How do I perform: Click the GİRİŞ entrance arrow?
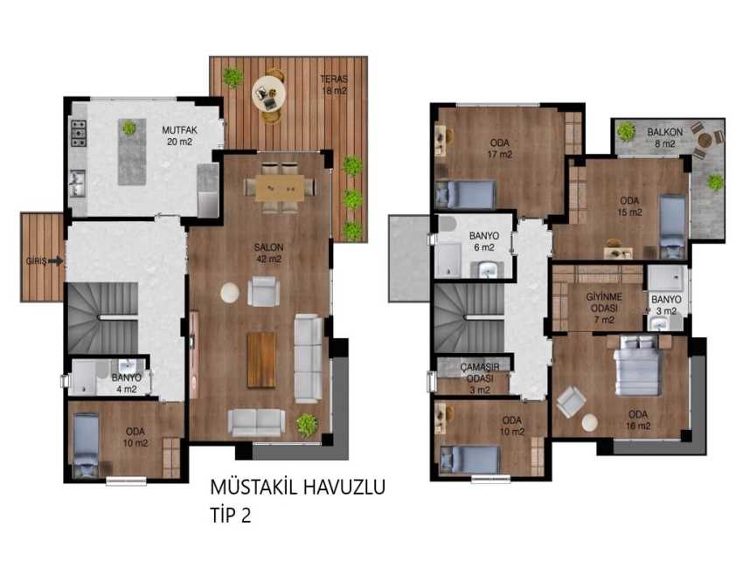(56, 261)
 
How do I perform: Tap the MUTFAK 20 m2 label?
(179, 135)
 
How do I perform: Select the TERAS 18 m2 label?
(334, 85)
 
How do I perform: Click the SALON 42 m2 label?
(268, 253)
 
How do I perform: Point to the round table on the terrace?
(268, 94)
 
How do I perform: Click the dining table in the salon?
(280, 188)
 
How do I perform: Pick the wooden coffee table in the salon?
(261, 360)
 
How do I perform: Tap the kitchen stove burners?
(79, 133)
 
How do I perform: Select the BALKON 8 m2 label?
(665, 137)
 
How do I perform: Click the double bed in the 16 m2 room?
(638, 365)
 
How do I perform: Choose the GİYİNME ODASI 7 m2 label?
(604, 308)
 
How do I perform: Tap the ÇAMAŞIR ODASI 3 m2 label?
(480, 378)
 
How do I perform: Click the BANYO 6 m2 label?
(483, 241)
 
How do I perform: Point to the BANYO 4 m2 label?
(127, 384)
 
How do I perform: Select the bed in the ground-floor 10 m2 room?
(87, 446)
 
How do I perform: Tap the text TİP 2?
(231, 515)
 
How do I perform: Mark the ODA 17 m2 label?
(500, 149)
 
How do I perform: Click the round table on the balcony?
(705, 140)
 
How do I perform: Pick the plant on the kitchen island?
(128, 128)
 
